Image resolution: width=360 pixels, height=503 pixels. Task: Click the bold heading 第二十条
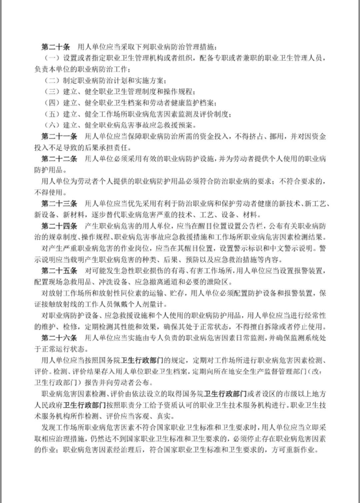click(55, 46)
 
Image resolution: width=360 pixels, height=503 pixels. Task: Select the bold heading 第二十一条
click(59, 136)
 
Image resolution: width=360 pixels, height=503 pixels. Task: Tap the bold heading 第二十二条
click(59, 158)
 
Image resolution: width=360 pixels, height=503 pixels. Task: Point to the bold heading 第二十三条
click(59, 203)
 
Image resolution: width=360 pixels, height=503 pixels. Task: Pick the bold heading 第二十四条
click(59, 226)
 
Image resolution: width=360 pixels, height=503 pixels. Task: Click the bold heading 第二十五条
click(59, 271)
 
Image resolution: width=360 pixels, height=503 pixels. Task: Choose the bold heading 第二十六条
click(59, 338)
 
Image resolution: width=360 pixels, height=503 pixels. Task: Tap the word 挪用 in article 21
click(277, 136)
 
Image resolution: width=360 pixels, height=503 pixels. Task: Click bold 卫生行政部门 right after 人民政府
click(84, 405)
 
